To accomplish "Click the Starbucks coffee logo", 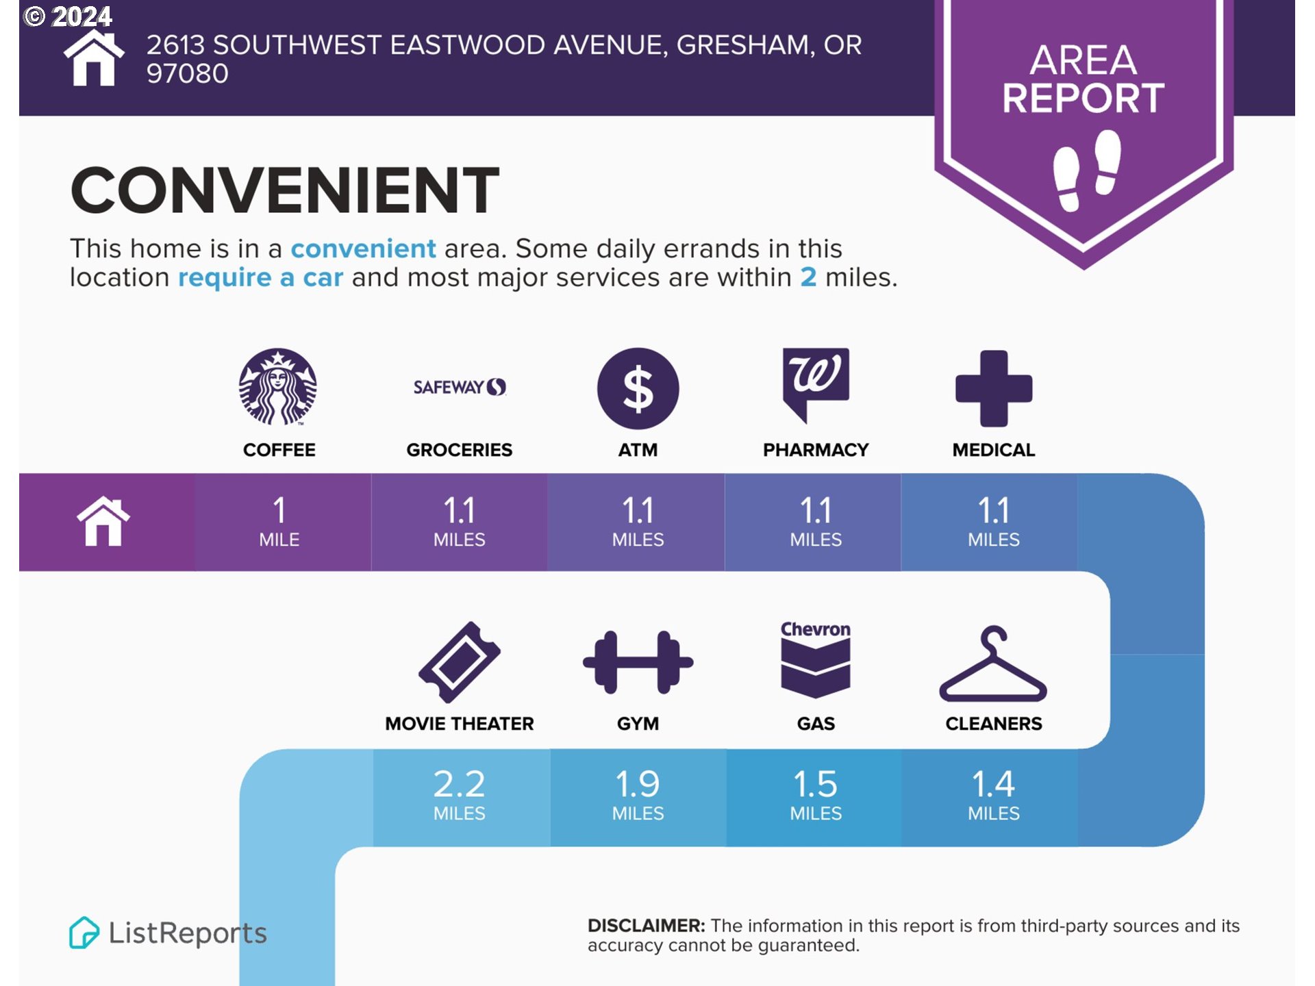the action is tap(277, 387).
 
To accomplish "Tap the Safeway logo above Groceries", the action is tap(460, 387).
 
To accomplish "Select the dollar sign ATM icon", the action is tap(638, 388).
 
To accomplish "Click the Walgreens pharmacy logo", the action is tap(816, 384).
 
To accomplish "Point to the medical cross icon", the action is tap(994, 388).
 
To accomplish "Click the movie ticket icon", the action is tap(460, 662).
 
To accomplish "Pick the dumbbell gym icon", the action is tap(638, 662).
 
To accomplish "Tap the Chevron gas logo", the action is tap(816, 659).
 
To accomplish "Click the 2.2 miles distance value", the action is tap(460, 794).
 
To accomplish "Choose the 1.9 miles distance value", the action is tap(638, 794).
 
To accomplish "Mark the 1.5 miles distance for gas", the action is tap(816, 794).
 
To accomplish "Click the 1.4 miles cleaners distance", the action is tap(994, 794).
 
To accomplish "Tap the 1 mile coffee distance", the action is tap(279, 521).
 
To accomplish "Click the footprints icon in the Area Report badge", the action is tap(1087, 170).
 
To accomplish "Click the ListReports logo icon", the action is tap(84, 933).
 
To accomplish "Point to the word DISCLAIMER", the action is tap(646, 926).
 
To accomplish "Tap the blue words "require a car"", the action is tap(260, 278).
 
